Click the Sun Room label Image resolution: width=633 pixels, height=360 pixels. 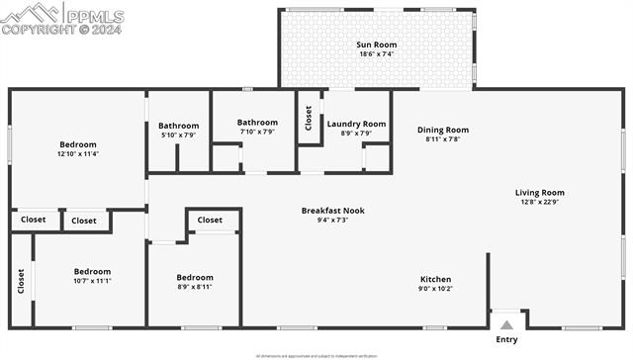tap(376, 45)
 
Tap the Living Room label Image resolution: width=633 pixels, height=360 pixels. tap(539, 193)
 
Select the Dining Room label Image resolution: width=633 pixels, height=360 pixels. tap(442, 130)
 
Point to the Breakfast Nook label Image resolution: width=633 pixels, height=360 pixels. tap(332, 210)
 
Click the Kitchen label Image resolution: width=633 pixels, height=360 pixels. tap(435, 279)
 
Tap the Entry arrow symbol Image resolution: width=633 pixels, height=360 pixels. tap(506, 323)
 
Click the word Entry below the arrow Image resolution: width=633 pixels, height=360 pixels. tap(506, 340)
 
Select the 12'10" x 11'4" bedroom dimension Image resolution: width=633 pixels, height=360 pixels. tap(78, 154)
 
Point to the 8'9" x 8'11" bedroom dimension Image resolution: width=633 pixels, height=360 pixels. tap(194, 287)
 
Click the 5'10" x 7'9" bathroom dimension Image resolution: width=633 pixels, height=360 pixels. tap(178, 135)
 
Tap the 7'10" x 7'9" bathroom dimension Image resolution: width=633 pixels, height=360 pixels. tap(256, 132)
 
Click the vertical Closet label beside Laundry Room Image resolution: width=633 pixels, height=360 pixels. tap(309, 119)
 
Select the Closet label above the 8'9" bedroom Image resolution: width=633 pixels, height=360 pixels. tap(210, 221)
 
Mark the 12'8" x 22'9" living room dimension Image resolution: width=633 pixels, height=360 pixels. tap(539, 203)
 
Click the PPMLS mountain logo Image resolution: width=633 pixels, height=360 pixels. tap(30, 15)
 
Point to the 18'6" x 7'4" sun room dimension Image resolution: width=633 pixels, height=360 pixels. tap(376, 54)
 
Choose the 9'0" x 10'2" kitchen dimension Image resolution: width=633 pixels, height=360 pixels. tap(435, 289)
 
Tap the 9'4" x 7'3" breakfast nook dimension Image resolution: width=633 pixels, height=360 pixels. tap(332, 220)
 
